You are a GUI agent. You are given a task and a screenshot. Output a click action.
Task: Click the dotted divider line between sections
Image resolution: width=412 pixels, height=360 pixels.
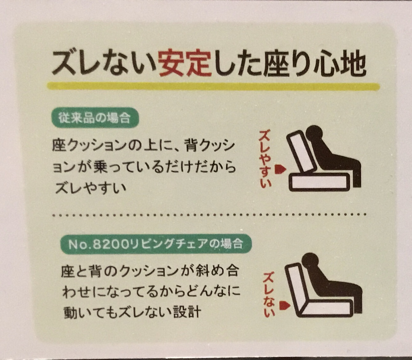tap(209, 215)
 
